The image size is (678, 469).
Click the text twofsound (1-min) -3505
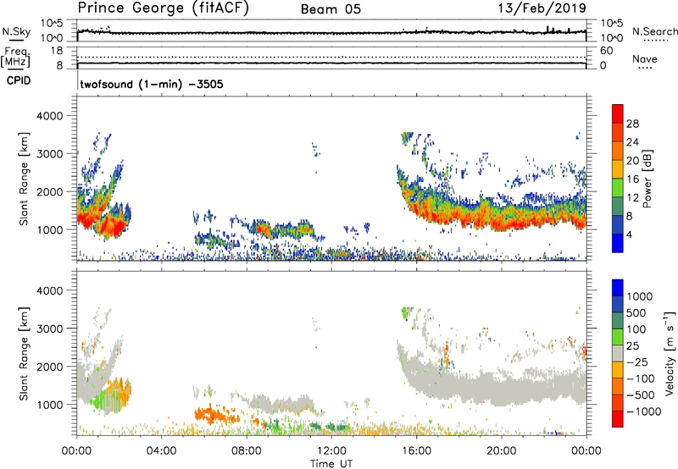click(152, 85)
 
